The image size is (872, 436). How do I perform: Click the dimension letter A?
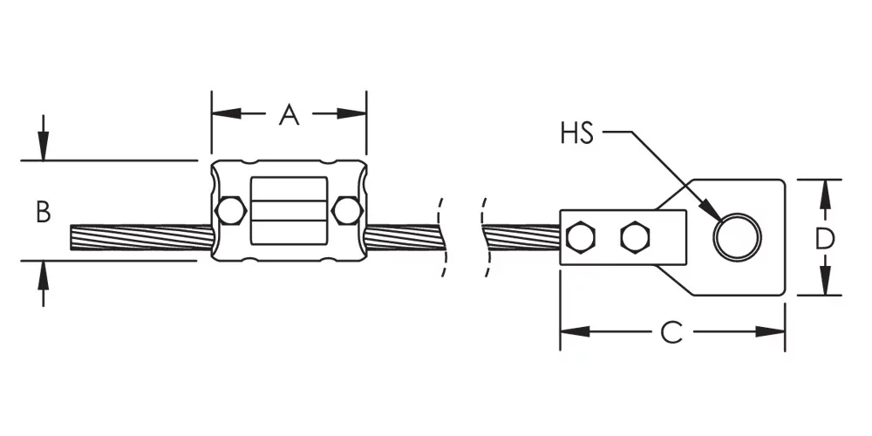[290, 114]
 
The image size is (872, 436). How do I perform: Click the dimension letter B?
[44, 212]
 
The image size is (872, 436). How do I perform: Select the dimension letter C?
[671, 332]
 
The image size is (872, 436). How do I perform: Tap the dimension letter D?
[825, 239]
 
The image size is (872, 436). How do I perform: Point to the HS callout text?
[577, 133]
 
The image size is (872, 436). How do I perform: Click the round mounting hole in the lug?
[738, 237]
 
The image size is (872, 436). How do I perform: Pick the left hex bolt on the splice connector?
[231, 211]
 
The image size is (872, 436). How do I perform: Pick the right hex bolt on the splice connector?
[347, 211]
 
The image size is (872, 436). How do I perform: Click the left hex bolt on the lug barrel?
[580, 237]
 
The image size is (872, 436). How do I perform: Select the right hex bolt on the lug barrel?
[636, 237]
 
